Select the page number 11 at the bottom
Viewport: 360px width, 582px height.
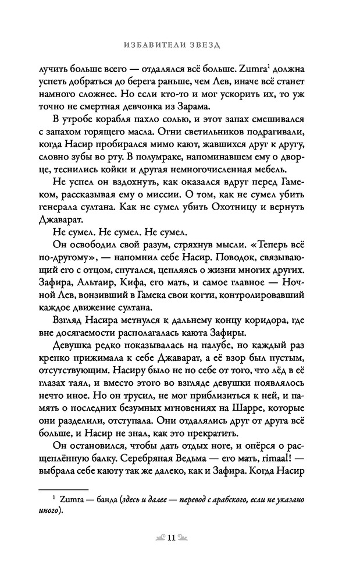point(180,538)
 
